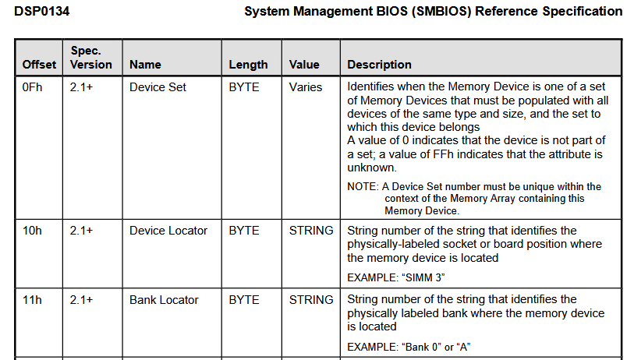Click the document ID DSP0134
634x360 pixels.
[41, 11]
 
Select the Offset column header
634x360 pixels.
[39, 65]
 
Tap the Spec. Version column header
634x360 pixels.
[91, 58]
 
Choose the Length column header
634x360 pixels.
[248, 65]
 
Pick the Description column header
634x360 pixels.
[379, 65]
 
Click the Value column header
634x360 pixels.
[304, 65]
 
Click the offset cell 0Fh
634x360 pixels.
[32, 87]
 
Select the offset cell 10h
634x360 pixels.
[32, 231]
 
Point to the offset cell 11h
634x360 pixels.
[32, 300]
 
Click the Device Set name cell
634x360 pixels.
[158, 87]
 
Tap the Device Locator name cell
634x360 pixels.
[168, 231]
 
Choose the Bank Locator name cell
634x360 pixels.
[164, 300]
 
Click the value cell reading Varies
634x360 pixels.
[306, 87]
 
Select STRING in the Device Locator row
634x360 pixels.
[311, 231]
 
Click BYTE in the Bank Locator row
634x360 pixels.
[244, 300]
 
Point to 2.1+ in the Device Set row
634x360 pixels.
[81, 87]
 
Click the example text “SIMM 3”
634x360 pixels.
[423, 278]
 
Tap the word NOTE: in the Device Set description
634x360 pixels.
[363, 187]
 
